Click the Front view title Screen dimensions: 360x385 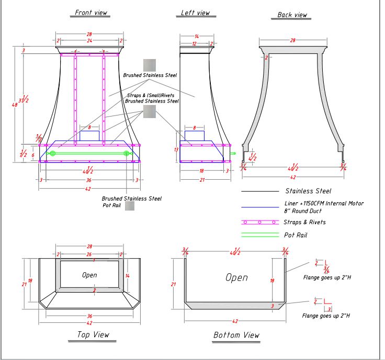[90, 13]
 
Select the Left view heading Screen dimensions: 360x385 [195, 13]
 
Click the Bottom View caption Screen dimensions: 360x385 [236, 335]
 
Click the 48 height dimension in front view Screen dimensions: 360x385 [15, 105]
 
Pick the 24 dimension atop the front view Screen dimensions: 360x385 [89, 40]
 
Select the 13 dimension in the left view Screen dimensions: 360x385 [176, 149]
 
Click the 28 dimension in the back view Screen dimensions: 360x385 [292, 40]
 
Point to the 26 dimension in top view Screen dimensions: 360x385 [89, 254]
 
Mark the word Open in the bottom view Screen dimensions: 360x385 [236, 277]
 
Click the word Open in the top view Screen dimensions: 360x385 [89, 275]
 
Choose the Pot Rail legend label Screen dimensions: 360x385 [295, 235]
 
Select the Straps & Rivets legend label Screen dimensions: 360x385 [304, 222]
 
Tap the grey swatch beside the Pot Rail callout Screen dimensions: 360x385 [130, 206]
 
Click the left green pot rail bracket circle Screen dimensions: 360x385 [53, 153]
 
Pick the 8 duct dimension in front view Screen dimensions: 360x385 [89, 127]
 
